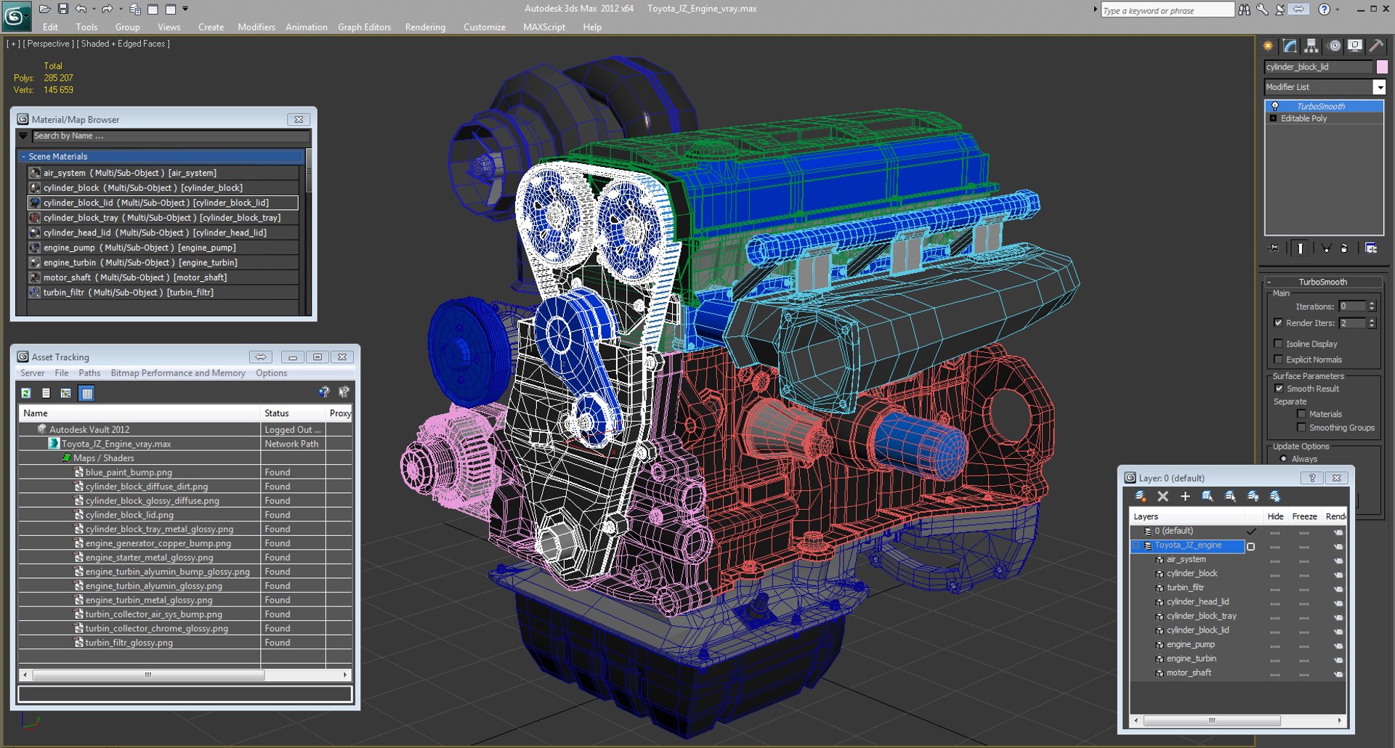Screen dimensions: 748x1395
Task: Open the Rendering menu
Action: [x=425, y=27]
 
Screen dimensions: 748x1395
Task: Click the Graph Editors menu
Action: [x=364, y=27]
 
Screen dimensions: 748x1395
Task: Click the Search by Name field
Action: [x=171, y=136]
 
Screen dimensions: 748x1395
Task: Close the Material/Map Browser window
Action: [x=299, y=119]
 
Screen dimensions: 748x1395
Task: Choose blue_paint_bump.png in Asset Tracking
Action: [x=129, y=472]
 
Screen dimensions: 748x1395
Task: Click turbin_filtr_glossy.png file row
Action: [x=129, y=643]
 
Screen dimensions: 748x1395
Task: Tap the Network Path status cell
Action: [x=291, y=444]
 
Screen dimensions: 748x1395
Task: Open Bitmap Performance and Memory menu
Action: [x=178, y=373]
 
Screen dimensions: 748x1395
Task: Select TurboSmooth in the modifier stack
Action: [x=1320, y=106]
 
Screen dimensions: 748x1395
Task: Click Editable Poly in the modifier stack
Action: [x=1303, y=118]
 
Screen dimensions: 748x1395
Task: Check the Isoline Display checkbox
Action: [x=1278, y=343]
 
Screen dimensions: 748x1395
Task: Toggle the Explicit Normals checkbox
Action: [x=1278, y=359]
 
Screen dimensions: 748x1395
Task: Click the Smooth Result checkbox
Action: [x=1279, y=389]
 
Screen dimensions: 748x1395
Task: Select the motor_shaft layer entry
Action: [x=1189, y=672]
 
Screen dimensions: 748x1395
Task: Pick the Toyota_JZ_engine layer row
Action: [x=1188, y=545]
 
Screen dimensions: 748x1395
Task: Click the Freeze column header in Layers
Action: [x=1304, y=516]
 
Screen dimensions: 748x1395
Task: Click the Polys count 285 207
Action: [x=58, y=78]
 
